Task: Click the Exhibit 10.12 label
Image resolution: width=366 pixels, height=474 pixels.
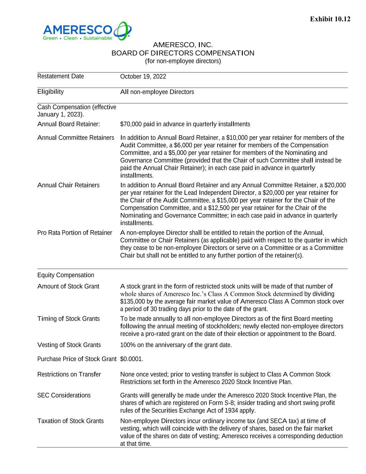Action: click(330, 19)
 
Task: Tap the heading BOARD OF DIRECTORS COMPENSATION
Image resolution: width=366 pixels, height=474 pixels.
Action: click(182, 53)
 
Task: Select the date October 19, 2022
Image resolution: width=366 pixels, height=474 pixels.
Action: click(143, 76)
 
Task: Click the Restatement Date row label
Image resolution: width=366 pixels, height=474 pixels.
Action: click(60, 76)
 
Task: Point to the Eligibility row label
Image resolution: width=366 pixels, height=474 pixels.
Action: click(50, 92)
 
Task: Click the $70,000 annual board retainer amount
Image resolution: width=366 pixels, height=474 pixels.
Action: click(130, 124)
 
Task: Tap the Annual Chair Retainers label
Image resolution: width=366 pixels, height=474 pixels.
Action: click(68, 185)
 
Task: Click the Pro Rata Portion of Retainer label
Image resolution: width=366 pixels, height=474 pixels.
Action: click(75, 233)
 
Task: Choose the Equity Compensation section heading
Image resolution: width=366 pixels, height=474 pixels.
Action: click(66, 275)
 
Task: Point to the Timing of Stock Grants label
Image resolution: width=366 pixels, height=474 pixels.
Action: click(68, 318)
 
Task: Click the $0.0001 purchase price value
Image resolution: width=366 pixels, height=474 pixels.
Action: click(131, 359)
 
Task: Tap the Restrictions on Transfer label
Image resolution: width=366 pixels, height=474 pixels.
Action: click(69, 374)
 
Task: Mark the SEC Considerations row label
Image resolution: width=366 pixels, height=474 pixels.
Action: click(64, 395)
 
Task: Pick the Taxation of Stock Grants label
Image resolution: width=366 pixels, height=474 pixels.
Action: click(70, 421)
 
